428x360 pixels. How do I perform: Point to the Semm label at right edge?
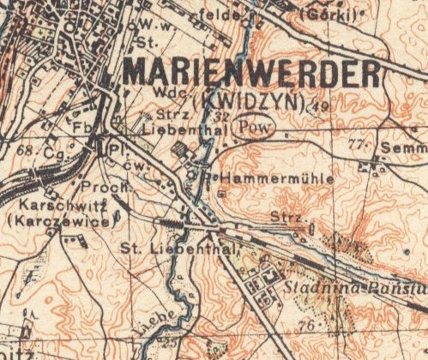coord(407,148)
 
